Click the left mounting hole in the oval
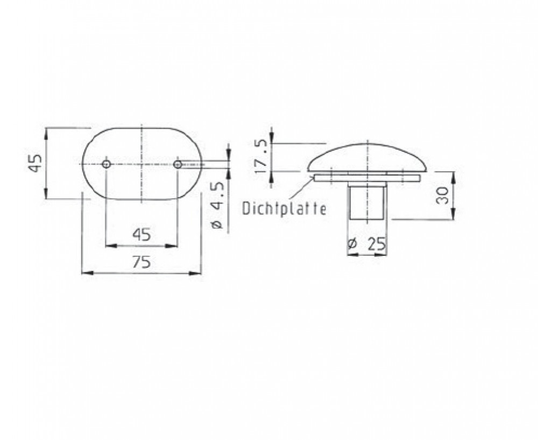(x=107, y=164)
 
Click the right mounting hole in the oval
(x=178, y=164)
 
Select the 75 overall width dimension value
(x=141, y=262)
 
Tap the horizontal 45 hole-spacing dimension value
(x=141, y=235)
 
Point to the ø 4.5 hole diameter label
(x=217, y=205)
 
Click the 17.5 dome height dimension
(x=261, y=157)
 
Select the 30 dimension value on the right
(x=443, y=195)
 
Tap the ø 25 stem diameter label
(x=367, y=244)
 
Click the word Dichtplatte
(x=284, y=208)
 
